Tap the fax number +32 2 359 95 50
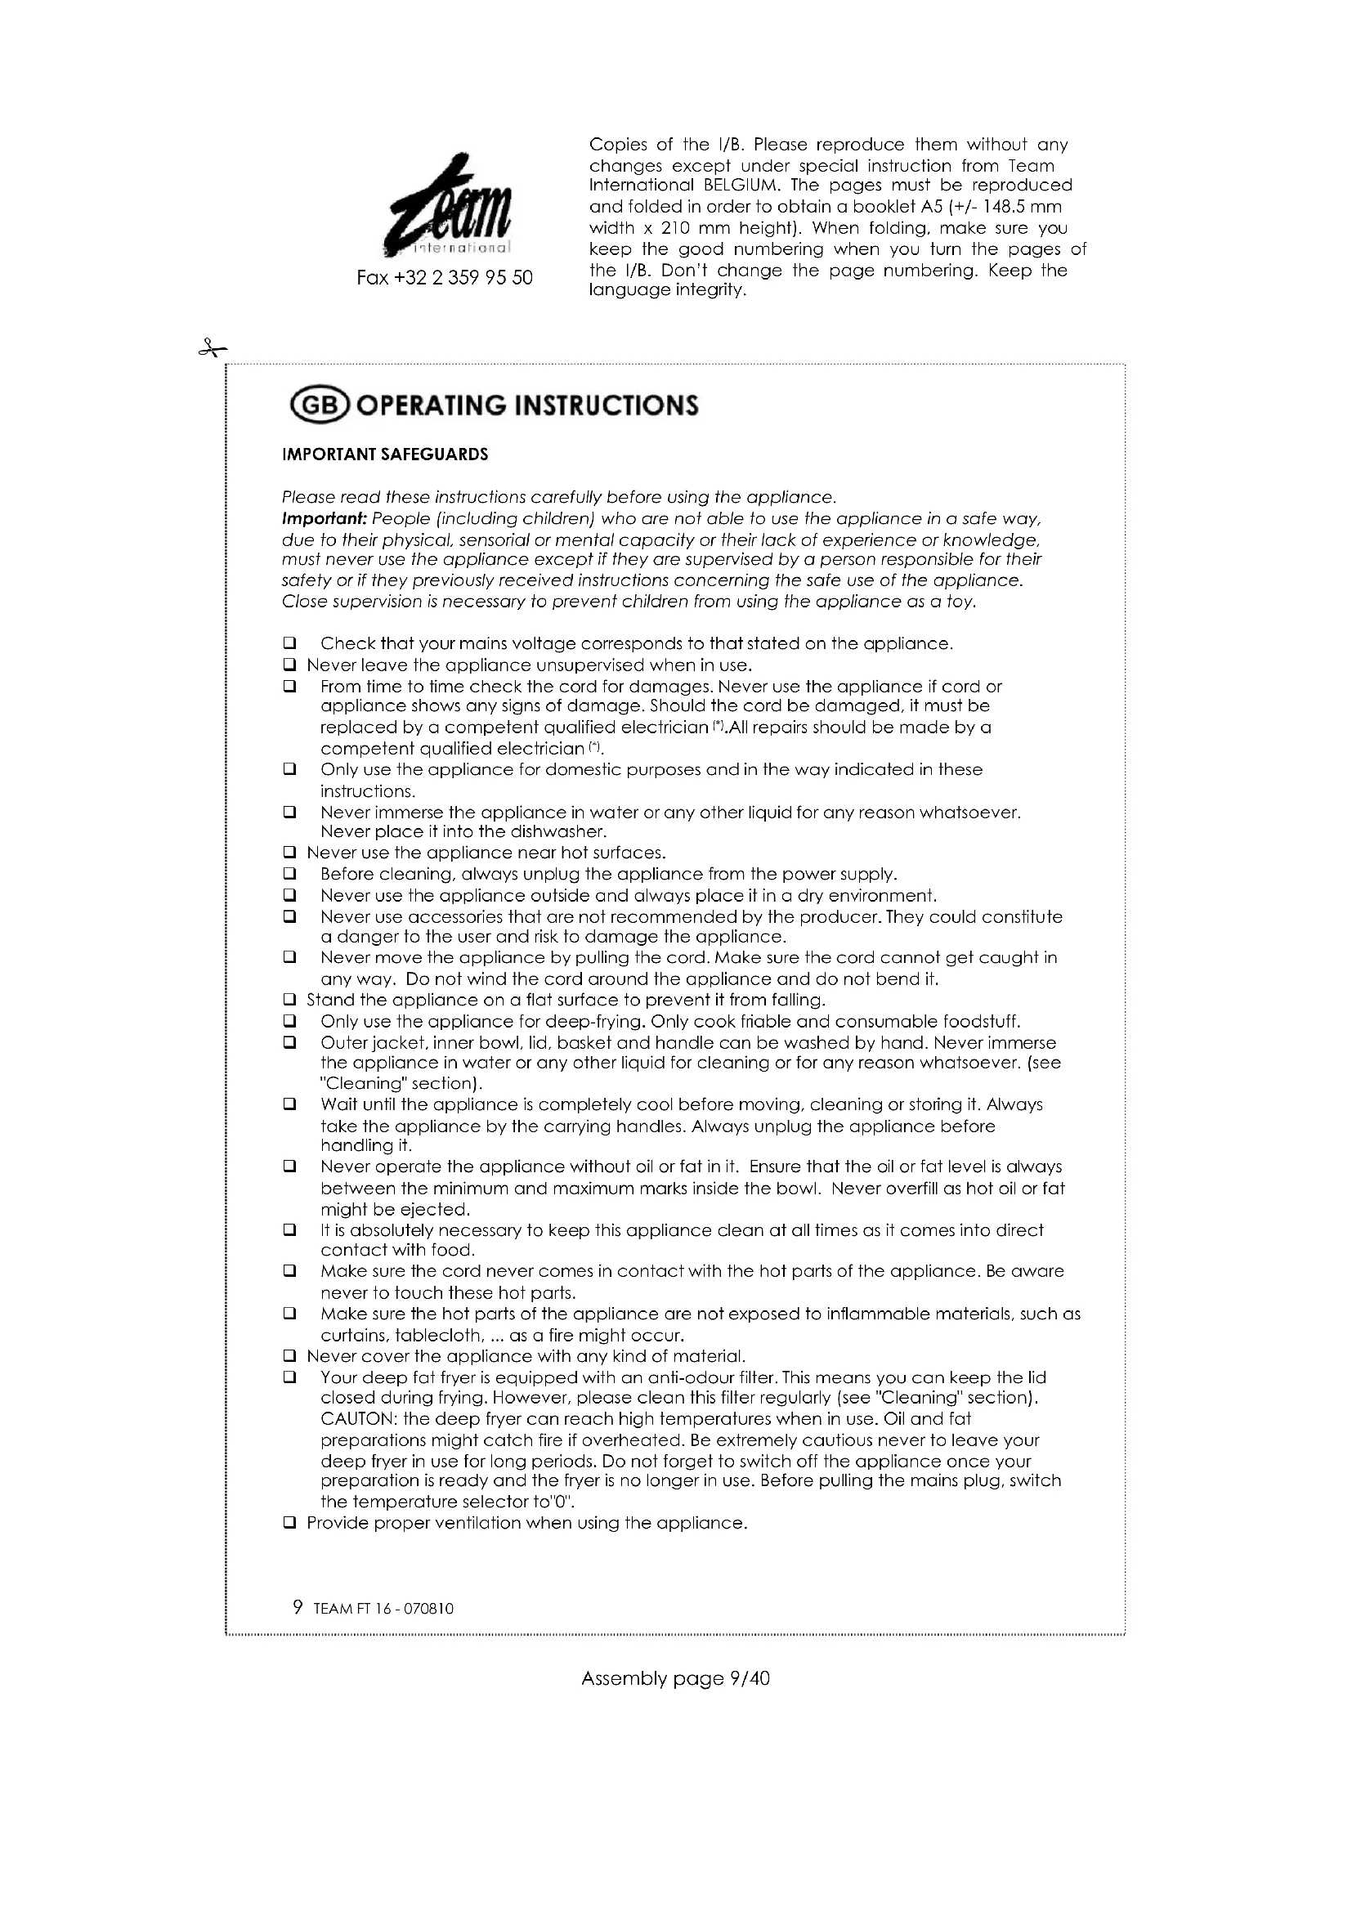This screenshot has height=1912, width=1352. (x=445, y=278)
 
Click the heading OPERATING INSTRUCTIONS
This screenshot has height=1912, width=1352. (x=529, y=406)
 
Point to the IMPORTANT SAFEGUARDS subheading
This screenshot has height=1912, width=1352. (x=386, y=454)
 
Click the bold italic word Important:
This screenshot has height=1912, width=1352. (x=324, y=519)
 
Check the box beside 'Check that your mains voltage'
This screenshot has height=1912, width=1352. (x=289, y=643)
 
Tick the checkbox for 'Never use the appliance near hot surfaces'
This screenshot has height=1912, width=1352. (x=289, y=853)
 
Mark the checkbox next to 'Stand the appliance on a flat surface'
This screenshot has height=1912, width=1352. (x=289, y=999)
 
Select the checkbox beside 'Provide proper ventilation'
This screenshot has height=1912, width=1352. (x=289, y=1523)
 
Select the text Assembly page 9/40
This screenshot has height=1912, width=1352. (x=675, y=1679)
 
